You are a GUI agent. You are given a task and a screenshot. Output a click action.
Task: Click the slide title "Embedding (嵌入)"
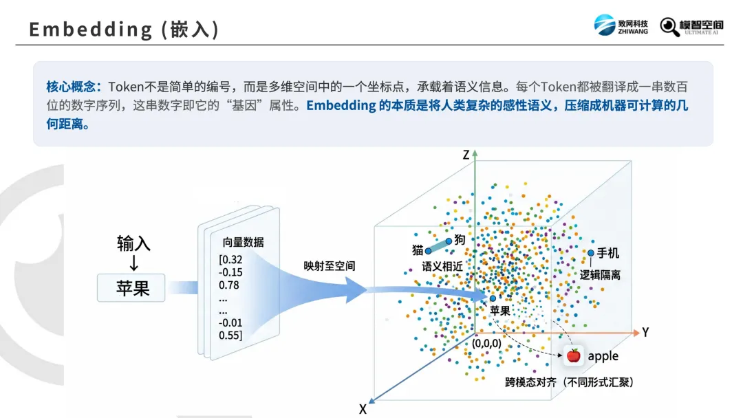(125, 30)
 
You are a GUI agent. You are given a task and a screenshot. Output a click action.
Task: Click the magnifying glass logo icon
(669, 26)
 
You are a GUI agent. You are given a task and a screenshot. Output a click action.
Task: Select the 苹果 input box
(133, 287)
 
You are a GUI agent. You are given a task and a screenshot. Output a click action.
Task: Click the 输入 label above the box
(133, 243)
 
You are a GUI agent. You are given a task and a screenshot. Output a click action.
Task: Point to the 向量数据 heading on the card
(243, 242)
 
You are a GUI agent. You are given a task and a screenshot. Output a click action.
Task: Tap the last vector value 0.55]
(231, 335)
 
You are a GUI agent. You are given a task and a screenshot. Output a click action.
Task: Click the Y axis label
(645, 333)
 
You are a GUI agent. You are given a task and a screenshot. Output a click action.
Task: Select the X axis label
(363, 409)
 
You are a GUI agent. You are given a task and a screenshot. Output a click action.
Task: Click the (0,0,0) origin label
(486, 342)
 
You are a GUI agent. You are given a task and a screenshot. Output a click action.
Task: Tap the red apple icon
(573, 356)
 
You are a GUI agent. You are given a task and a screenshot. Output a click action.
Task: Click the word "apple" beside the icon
(603, 356)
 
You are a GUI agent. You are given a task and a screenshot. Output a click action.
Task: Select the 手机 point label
(607, 253)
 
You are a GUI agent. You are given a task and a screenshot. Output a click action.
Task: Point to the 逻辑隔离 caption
(600, 274)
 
